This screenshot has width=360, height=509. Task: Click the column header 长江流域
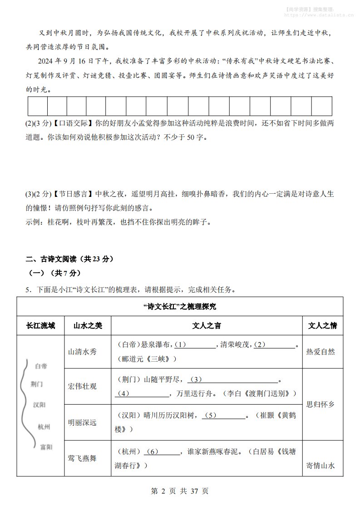pos(40,325)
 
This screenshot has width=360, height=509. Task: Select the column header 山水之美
pos(88,325)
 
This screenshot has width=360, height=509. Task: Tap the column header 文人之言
pos(207,325)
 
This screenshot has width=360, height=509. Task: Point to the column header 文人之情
pos(322,325)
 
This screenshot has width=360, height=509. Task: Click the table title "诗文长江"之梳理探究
pos(180,306)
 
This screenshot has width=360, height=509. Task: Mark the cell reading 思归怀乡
pos(321,404)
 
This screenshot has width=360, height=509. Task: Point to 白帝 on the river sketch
pos(41,366)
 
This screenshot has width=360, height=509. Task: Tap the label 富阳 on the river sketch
pos(46,447)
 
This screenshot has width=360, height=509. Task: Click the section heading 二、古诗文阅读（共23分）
pos(69,259)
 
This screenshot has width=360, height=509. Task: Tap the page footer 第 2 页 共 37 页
pos(179,491)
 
